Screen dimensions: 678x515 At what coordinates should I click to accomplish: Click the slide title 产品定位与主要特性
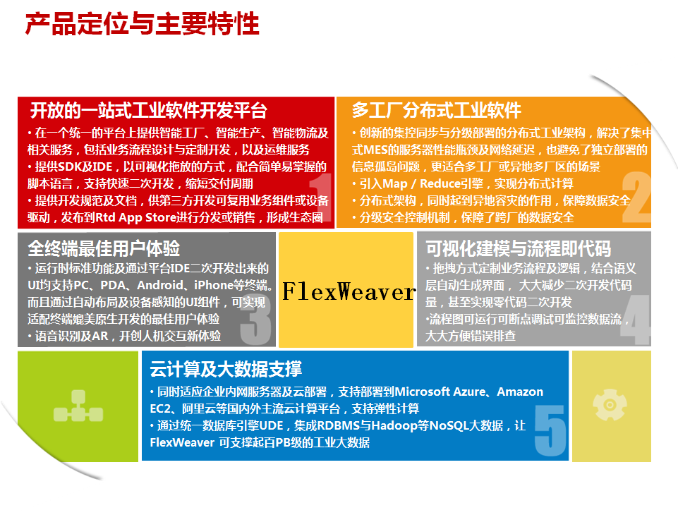pos(143,24)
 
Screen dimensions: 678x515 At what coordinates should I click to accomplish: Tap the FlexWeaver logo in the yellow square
pos(349,291)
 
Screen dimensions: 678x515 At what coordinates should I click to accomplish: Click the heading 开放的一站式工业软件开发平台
pos(149,111)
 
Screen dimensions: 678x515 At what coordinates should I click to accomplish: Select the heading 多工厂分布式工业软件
pos(436,110)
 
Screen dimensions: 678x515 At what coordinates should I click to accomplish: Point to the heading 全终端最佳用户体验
pos(104,248)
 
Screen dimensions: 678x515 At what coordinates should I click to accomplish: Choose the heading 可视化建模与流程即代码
pos(518,248)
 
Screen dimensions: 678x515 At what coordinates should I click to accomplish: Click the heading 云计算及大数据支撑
pos(226,369)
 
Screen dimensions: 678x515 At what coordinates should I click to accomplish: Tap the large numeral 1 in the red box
pos(321,197)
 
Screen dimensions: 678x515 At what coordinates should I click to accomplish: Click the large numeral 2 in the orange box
pos(636,197)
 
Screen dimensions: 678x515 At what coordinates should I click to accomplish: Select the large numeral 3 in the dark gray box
pos(255,319)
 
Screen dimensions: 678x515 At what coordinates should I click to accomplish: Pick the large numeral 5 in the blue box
pos(550,430)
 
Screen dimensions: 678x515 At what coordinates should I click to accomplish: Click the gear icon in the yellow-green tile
pos(610,405)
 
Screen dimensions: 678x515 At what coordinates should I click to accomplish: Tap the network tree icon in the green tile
pos(78,406)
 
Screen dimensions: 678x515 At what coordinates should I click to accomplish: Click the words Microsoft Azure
pos(440,392)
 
